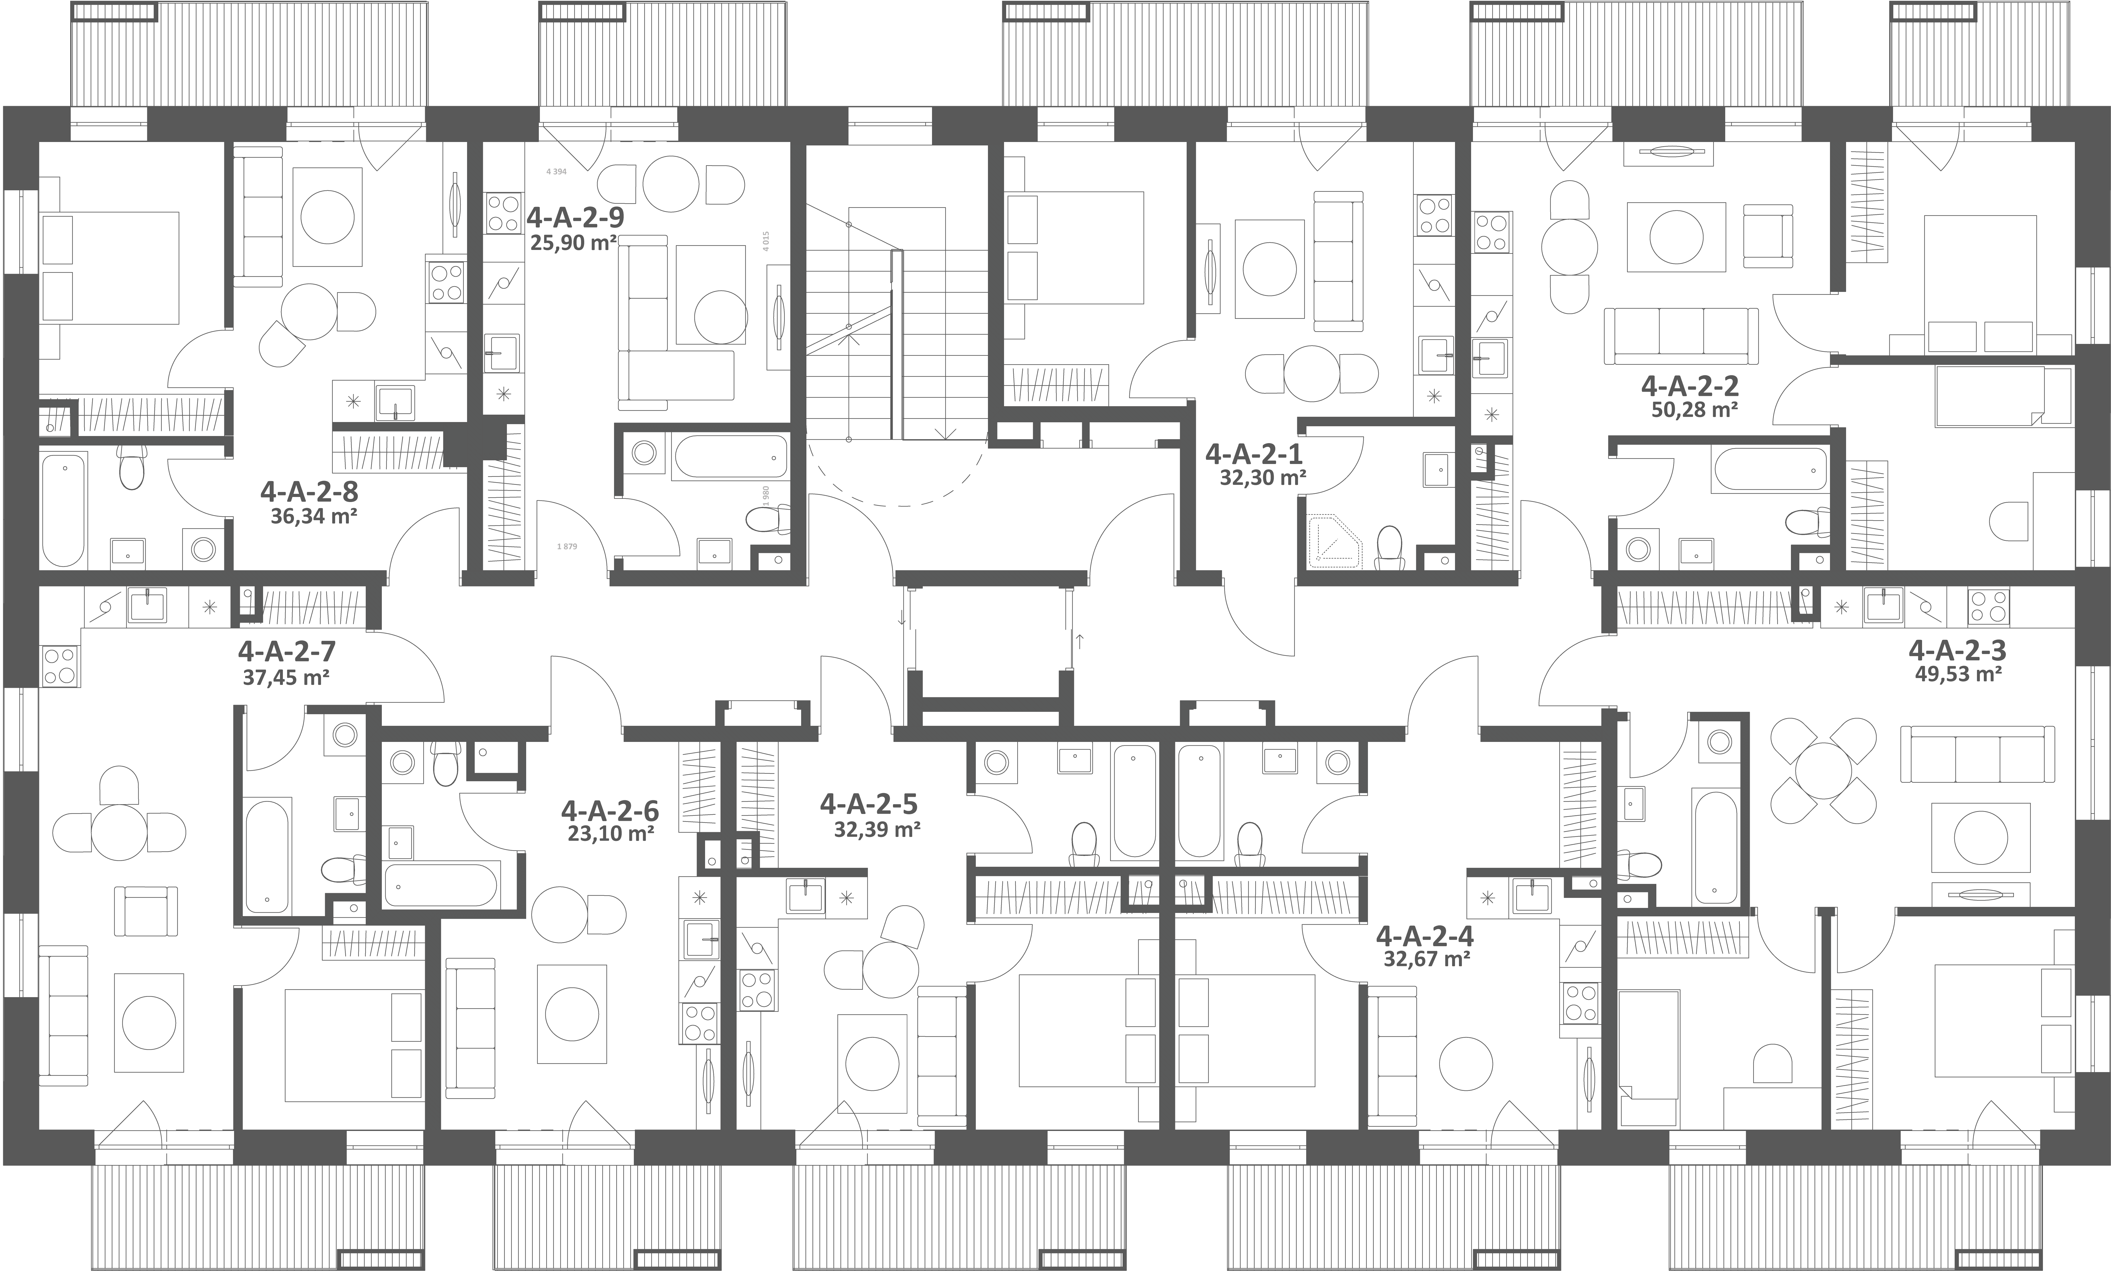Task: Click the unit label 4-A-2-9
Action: click(575, 218)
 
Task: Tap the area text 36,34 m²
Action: click(313, 517)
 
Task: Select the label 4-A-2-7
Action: click(287, 652)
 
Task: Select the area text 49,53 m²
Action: click(1958, 674)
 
